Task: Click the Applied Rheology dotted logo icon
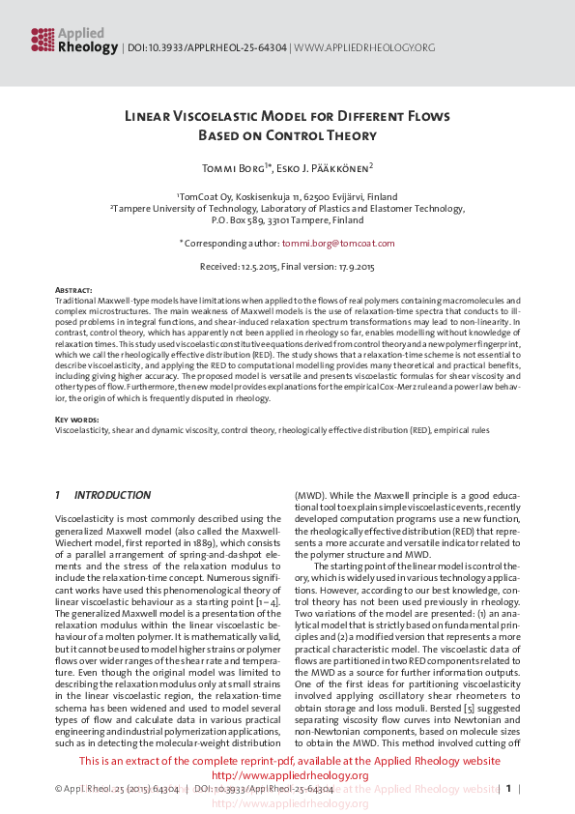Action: (x=43, y=39)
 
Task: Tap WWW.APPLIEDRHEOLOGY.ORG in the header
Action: (x=364, y=46)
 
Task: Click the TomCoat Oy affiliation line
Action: (x=287, y=196)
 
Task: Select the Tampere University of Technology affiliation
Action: (x=287, y=208)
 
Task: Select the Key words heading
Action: (x=75, y=419)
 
